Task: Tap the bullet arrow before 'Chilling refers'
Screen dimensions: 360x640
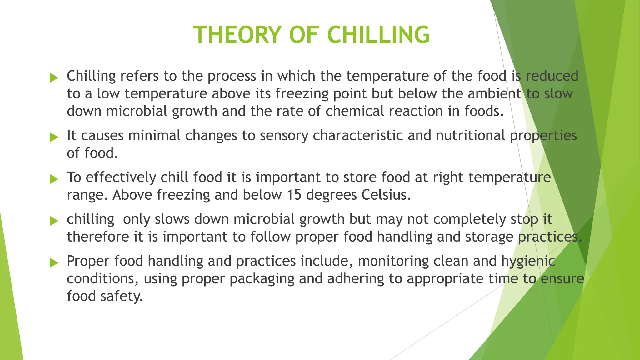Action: pos(54,77)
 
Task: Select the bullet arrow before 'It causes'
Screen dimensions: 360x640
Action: pos(54,137)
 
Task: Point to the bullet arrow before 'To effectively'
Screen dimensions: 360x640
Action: pos(54,179)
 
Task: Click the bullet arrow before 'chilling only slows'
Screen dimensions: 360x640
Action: pos(54,221)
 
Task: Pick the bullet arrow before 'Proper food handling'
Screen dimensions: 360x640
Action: pos(54,262)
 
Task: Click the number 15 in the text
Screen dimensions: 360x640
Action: pos(294,195)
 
